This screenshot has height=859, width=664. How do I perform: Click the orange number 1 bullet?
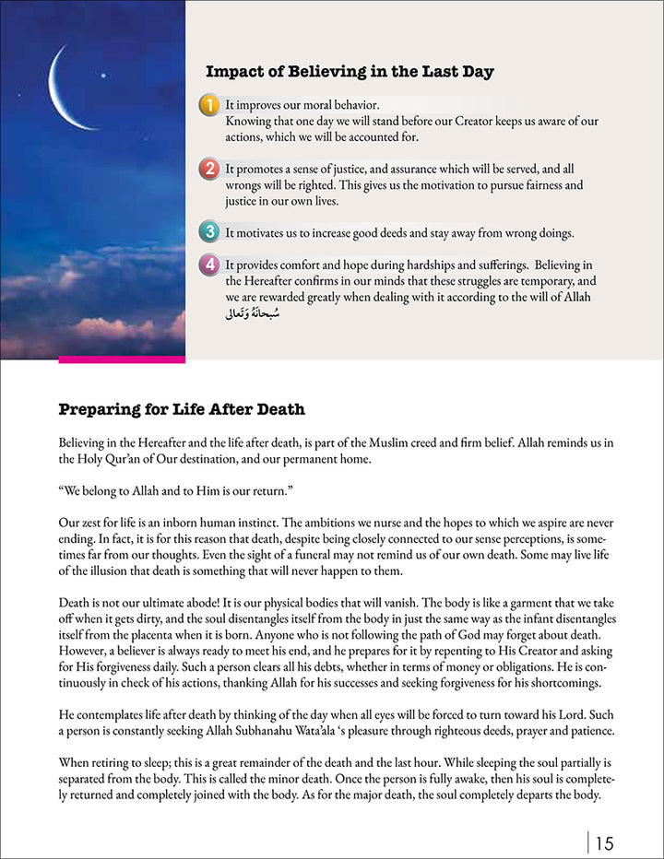pyautogui.click(x=210, y=105)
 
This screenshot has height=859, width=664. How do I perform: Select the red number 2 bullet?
pyautogui.click(x=210, y=169)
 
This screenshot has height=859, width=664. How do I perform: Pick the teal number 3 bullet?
pyautogui.click(x=210, y=232)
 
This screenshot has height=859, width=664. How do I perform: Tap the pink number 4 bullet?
pyautogui.click(x=210, y=265)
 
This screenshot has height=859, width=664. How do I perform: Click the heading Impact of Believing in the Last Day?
pyautogui.click(x=349, y=72)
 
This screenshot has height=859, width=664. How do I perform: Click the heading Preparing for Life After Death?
pyautogui.click(x=182, y=409)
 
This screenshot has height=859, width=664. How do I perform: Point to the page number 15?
pyautogui.click(x=605, y=841)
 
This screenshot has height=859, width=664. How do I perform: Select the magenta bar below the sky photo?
pyautogui.click(x=122, y=358)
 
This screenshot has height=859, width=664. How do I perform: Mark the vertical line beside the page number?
pyautogui.click(x=587, y=841)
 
